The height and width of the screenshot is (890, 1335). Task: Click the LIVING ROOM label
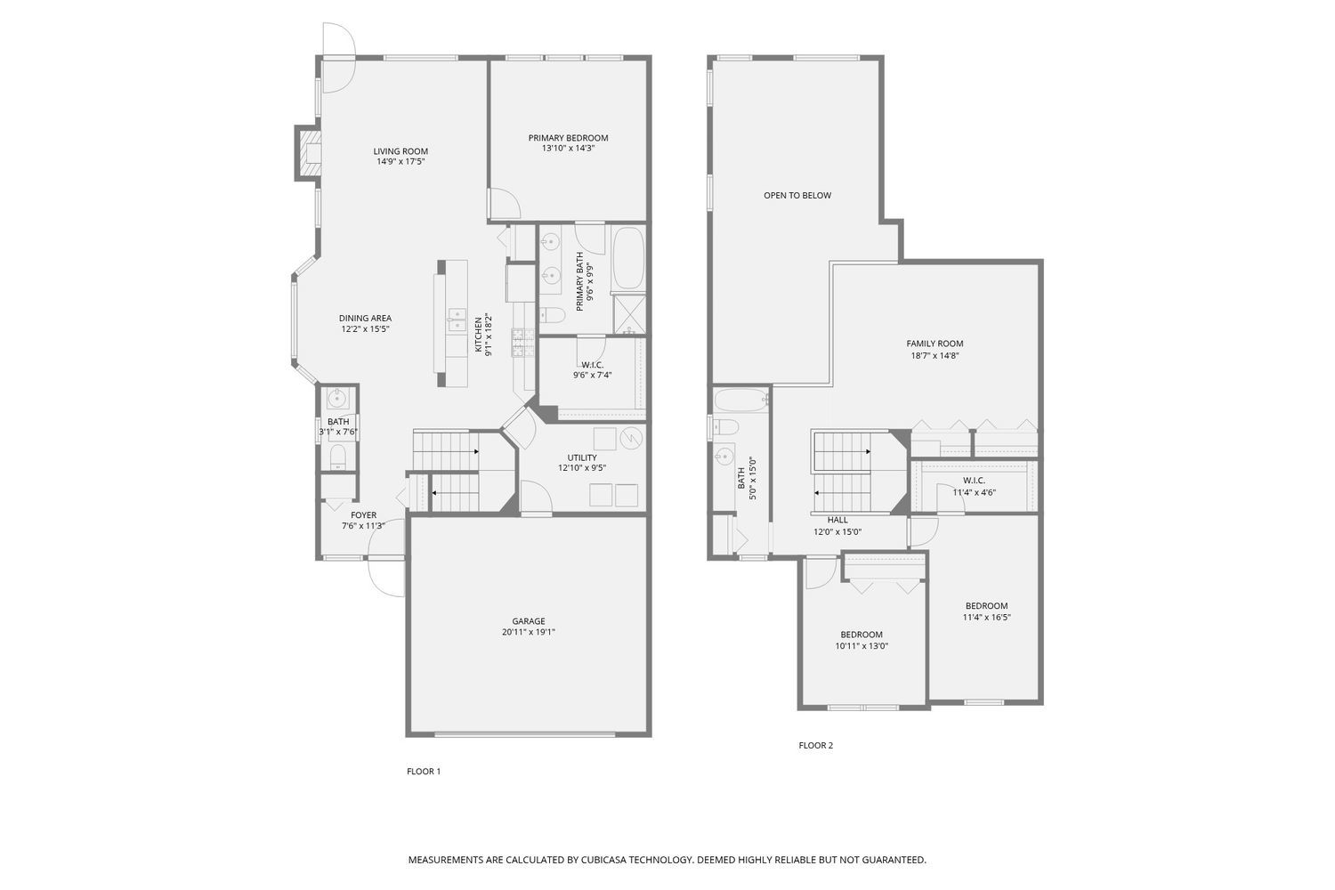coord(400,151)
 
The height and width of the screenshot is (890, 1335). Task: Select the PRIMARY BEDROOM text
coord(568,138)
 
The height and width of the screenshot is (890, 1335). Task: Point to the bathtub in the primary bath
coord(628,258)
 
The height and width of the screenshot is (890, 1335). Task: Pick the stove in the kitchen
coord(522,343)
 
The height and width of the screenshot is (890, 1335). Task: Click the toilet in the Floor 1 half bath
coord(338,457)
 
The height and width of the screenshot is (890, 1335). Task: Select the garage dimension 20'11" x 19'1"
coord(528,633)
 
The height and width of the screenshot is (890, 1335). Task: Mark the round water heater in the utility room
coord(630,438)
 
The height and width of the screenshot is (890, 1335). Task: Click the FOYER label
coord(363,515)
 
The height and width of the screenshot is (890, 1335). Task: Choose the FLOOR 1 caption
coord(424,772)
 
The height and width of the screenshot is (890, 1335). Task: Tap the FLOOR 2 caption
coord(815,746)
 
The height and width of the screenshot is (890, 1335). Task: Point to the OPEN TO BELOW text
coord(797,195)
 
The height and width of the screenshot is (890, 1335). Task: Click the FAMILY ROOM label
coord(934,344)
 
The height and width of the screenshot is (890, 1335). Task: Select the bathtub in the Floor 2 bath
coord(740,400)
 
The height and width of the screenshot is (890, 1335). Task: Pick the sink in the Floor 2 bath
coord(724,458)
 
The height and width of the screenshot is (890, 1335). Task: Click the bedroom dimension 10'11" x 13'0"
coord(862,646)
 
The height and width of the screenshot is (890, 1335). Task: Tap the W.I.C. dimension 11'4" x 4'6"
coord(974,492)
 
